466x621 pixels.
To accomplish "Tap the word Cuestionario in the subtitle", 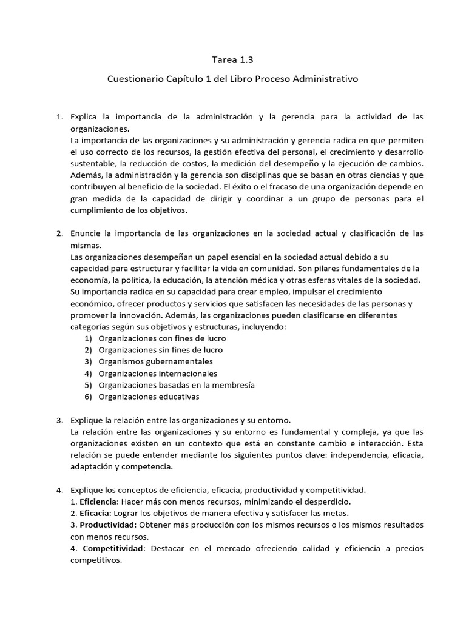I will click(x=135, y=79).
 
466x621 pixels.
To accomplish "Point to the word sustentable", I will click(x=93, y=164).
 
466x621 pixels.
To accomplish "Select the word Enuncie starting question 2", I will click(x=85, y=233).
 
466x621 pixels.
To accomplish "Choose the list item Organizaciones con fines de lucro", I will click(x=162, y=338).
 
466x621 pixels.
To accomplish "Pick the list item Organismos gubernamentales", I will click(x=155, y=362).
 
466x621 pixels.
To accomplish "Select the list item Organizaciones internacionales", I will click(x=158, y=374).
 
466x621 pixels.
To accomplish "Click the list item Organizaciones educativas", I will click(x=149, y=397).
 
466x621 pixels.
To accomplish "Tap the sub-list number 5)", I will click(x=88, y=385).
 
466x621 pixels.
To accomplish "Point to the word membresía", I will click(x=234, y=385).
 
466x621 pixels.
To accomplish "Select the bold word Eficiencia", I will click(x=99, y=502).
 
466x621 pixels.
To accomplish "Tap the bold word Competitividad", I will click(x=113, y=549).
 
